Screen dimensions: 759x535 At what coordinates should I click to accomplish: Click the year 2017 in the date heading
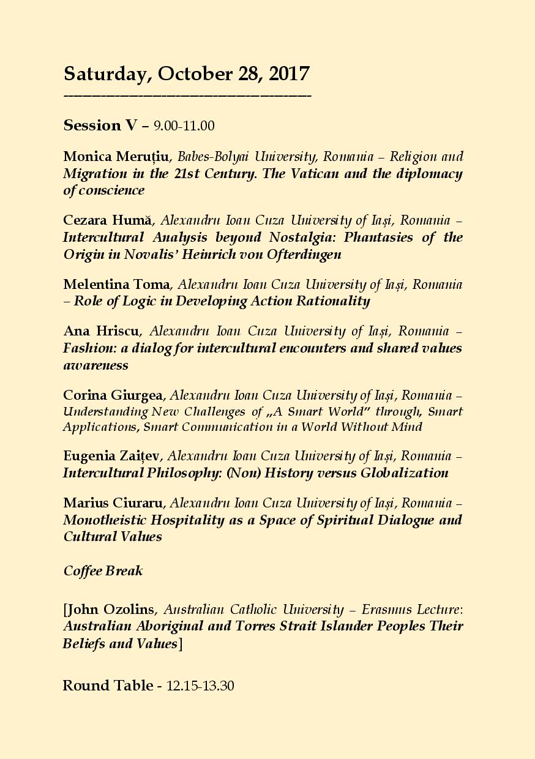288,74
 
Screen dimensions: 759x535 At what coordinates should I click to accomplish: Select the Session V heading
101,125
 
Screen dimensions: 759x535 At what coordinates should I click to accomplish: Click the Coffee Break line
103,571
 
